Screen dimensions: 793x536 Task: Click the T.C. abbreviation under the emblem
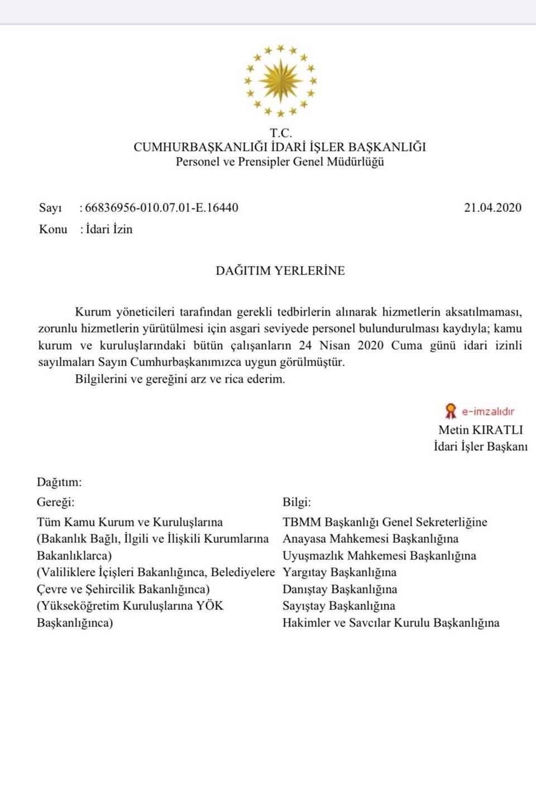tap(280, 133)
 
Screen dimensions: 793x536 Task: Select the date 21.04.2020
tap(492, 208)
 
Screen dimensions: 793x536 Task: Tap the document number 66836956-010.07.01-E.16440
tap(161, 208)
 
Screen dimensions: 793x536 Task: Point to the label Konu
tap(53, 229)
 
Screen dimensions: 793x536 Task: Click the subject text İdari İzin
tap(109, 229)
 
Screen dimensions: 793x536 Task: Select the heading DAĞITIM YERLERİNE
tap(280, 271)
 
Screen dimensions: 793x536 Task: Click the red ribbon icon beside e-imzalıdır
tap(451, 411)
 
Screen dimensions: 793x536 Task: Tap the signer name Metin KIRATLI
tap(481, 430)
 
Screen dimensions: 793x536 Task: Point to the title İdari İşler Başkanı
tap(481, 447)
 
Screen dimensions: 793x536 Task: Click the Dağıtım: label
tap(59, 482)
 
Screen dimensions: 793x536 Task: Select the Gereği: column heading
tap(55, 502)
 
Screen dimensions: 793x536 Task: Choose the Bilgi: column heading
tap(296, 502)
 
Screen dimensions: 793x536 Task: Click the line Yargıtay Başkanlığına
tap(339, 572)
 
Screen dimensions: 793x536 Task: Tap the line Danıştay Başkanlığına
tap(340, 589)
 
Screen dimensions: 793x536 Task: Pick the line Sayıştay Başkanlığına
tap(339, 606)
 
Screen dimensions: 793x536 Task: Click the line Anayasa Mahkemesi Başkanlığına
tap(371, 539)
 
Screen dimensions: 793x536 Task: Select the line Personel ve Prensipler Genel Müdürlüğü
tap(280, 162)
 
